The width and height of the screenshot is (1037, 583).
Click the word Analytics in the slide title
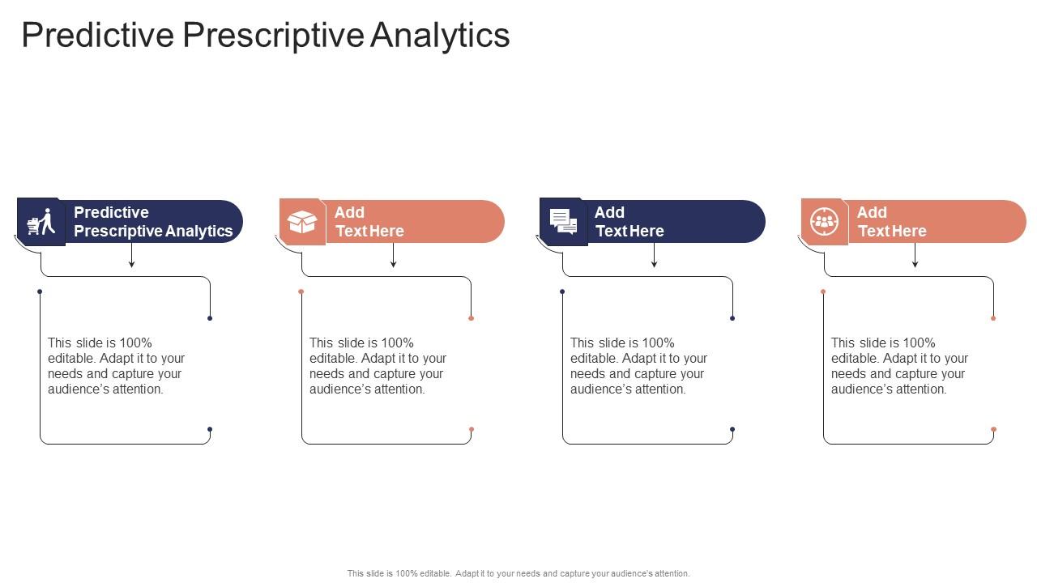pyautogui.click(x=441, y=36)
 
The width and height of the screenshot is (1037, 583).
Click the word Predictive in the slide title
pyautogui.click(x=97, y=36)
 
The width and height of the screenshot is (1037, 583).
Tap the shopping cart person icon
pyautogui.click(x=41, y=222)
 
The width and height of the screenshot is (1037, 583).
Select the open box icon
pyautogui.click(x=302, y=222)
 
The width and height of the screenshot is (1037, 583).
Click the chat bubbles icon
pyautogui.click(x=563, y=222)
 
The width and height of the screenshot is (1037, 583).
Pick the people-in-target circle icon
pyautogui.click(x=824, y=222)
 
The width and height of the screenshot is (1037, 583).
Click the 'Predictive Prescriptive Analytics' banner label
pyautogui.click(x=153, y=222)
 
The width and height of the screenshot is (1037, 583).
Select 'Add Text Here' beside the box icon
pyautogui.click(x=369, y=222)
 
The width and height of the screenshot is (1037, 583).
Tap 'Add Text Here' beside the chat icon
pyautogui.click(x=629, y=222)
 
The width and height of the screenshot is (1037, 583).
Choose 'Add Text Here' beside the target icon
pyautogui.click(x=891, y=222)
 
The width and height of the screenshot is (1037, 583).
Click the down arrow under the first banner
pyautogui.click(x=132, y=256)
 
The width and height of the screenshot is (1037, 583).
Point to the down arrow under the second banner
pyautogui.click(x=393, y=256)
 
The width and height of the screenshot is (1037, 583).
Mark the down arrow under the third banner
pyautogui.click(x=654, y=256)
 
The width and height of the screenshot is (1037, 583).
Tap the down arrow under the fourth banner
pyautogui.click(x=915, y=256)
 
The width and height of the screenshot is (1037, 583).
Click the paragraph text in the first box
pyautogui.click(x=116, y=366)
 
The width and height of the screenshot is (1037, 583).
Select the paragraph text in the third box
pyautogui.click(x=638, y=366)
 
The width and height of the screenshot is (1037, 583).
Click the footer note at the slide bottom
pyautogui.click(x=518, y=573)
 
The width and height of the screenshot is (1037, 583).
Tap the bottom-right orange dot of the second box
pyautogui.click(x=472, y=430)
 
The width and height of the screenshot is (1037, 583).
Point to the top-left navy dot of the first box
pyautogui.click(x=40, y=291)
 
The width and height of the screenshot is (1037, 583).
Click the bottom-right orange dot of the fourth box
pyautogui.click(x=993, y=430)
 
